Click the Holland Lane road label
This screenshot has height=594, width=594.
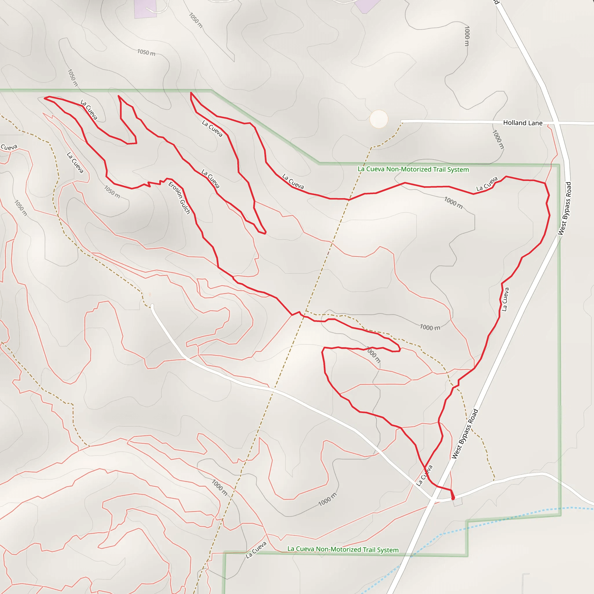[x=522, y=123]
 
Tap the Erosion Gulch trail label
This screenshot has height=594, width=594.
[x=179, y=198]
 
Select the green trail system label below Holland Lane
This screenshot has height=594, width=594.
[x=413, y=169]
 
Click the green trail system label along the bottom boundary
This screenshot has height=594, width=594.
[x=343, y=549]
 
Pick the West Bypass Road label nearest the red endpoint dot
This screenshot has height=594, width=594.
[x=465, y=434]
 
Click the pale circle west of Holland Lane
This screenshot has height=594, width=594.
[x=379, y=119]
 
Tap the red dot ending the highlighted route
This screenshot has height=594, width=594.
[x=453, y=498]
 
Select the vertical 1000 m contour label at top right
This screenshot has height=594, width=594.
[x=467, y=36]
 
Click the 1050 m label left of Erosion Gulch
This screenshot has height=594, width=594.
[x=112, y=191]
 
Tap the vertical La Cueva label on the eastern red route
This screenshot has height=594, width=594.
[x=503, y=299]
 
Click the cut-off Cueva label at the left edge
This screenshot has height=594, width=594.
[x=9, y=147]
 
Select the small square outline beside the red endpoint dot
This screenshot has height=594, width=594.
[x=457, y=502]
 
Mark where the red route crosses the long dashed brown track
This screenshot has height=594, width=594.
[x=349, y=200]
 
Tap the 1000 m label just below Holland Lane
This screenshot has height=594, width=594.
[x=498, y=140]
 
